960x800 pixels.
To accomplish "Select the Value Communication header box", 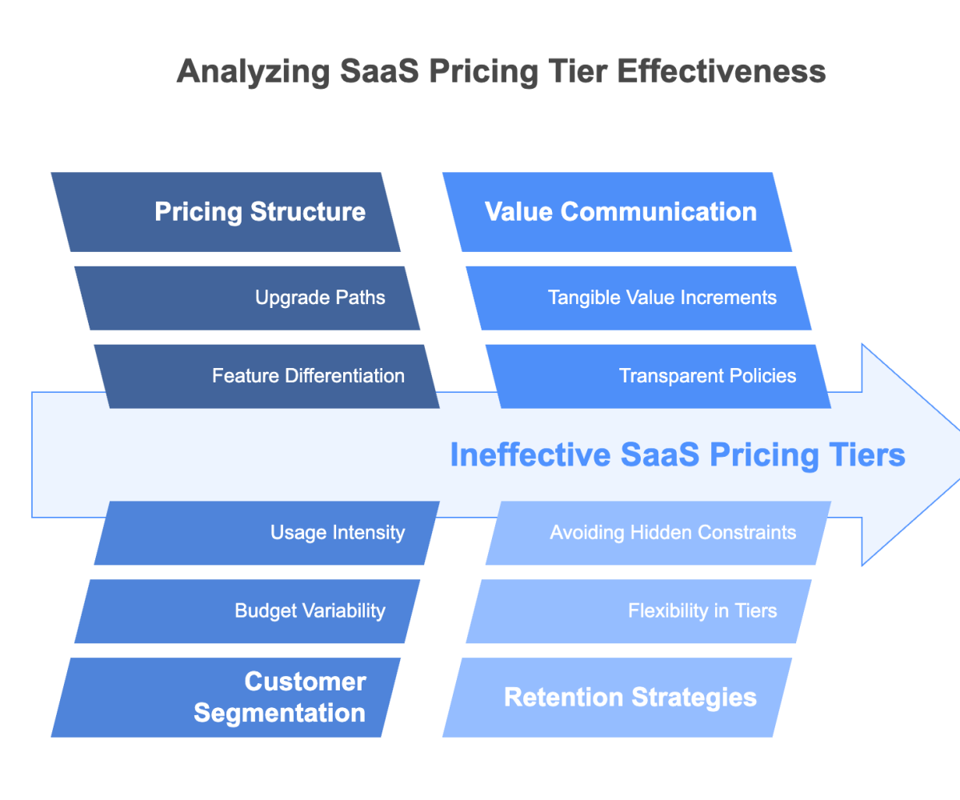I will click(617, 212).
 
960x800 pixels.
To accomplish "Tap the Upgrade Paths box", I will click(247, 298).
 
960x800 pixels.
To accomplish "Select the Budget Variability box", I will click(247, 611).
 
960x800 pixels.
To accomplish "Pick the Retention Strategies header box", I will click(617, 698).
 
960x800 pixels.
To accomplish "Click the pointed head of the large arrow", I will click(912, 454).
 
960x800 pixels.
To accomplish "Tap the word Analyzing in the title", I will click(252, 71).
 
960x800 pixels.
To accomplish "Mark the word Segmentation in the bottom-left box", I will click(279, 713).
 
